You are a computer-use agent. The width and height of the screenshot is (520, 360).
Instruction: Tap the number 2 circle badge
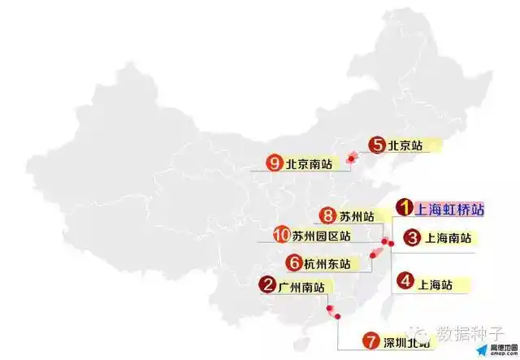(266, 285)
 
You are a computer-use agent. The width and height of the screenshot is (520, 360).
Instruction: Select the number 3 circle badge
(412, 238)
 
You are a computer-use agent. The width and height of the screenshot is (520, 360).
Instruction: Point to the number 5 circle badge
(376, 145)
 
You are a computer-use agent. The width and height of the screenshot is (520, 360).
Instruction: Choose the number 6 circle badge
(292, 262)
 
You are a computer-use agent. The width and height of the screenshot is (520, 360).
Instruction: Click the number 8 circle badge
(327, 215)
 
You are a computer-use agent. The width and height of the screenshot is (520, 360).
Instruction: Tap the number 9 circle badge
(273, 163)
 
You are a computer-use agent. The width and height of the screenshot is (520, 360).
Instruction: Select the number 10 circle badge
(282, 236)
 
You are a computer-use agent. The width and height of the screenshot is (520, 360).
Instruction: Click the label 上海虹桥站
(449, 210)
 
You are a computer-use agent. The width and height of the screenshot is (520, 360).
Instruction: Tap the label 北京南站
(308, 164)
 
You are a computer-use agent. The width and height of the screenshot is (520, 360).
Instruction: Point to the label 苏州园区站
(322, 236)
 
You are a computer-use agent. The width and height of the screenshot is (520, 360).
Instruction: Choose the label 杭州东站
(327, 263)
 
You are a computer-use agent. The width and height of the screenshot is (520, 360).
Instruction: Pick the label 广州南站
(301, 286)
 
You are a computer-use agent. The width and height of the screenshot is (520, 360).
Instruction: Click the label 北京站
(405, 146)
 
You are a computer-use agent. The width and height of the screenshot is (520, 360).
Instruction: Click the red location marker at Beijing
(351, 158)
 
